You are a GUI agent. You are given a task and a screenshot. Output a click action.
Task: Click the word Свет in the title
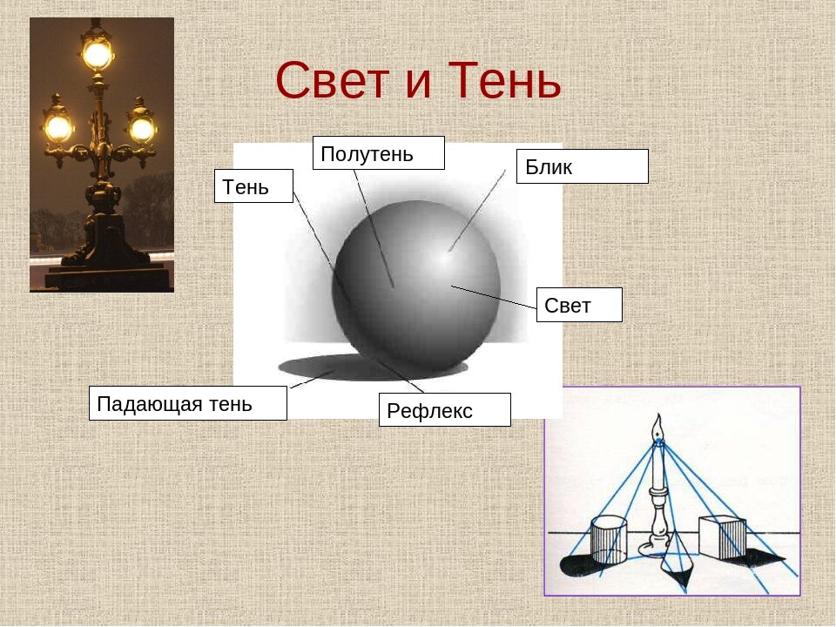coord(330,82)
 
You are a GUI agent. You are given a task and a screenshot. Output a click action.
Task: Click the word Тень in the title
coord(505,82)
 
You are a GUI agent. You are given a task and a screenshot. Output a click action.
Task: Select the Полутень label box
coord(378,153)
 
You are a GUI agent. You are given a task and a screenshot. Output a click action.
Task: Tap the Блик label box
coord(582,166)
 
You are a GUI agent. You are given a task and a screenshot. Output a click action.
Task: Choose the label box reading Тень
coord(253,186)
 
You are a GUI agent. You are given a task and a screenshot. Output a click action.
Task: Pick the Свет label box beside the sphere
coord(578,305)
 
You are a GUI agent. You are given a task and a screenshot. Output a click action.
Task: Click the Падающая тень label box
coord(187,403)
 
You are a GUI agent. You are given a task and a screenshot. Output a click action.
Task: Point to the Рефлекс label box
coord(444,410)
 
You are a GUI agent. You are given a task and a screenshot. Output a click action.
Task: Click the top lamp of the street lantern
coord(97,54)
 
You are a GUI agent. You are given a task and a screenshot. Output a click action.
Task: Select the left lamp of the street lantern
coord(58,128)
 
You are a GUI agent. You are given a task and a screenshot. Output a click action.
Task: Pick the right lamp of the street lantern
coord(141,129)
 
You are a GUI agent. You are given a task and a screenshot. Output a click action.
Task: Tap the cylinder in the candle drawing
coord(609,541)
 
